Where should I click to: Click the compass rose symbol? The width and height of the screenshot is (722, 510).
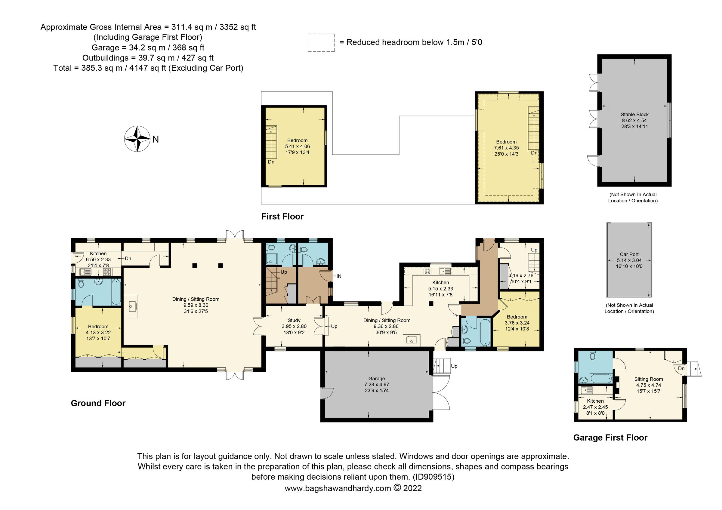137,139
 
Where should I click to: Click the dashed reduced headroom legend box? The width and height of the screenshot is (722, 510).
321,43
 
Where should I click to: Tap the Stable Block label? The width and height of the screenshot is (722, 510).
634,115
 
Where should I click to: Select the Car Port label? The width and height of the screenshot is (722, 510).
629,254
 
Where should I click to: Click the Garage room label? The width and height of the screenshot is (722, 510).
376,379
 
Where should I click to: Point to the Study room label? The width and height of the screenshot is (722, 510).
294,320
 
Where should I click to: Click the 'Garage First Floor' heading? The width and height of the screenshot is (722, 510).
610,438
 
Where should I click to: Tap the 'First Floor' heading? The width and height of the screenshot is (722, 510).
282,217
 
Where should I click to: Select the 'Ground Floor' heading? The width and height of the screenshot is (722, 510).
98,403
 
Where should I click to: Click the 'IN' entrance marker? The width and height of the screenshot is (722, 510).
339,276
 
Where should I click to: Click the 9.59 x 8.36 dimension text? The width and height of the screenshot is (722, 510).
196,305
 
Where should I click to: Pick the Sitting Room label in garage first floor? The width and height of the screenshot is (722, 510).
648,379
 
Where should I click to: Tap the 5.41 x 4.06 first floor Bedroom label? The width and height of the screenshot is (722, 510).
297,140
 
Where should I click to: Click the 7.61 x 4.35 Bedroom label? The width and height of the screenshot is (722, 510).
506,142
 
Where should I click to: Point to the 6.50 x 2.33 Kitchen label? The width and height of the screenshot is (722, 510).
98,253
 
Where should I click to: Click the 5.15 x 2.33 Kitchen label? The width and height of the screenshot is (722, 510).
440,282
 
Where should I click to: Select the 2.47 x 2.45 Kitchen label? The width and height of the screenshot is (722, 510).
595,401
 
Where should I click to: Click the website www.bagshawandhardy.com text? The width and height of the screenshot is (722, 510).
338,488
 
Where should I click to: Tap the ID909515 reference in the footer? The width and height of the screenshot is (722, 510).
434,477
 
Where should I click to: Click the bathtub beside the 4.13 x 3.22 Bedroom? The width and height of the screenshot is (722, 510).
116,292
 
